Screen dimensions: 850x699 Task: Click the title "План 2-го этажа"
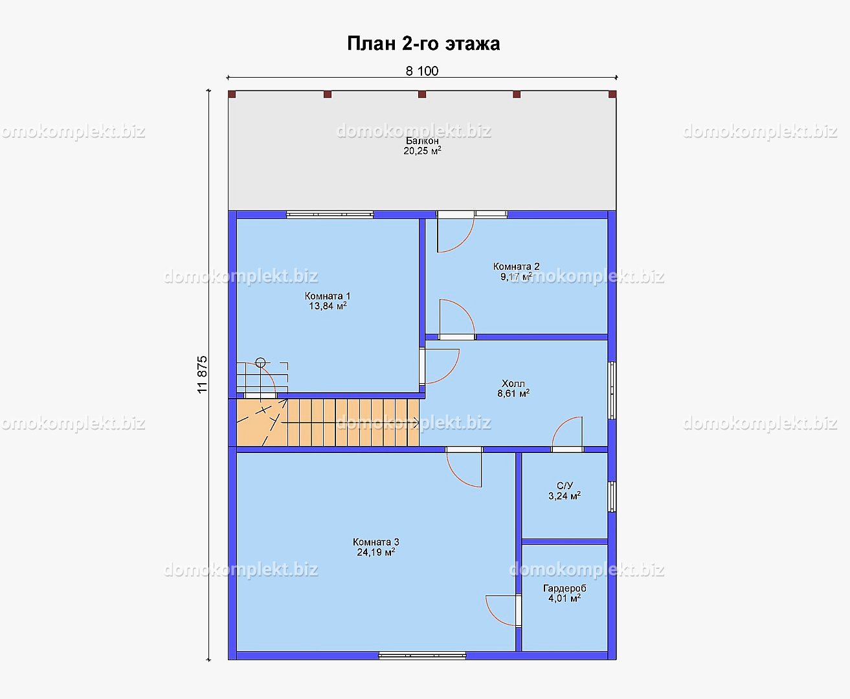point(423,43)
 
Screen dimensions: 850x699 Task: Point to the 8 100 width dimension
point(422,71)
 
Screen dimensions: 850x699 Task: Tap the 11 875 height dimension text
point(202,375)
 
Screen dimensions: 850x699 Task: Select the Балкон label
point(422,140)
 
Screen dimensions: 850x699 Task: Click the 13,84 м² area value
point(328,305)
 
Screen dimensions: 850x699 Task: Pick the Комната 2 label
point(517,266)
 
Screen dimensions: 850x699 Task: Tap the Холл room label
point(513,383)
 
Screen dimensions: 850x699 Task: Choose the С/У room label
point(565,486)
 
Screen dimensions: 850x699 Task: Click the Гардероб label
point(565,588)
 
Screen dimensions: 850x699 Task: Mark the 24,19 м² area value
point(375,552)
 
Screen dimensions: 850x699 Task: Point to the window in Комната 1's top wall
point(330,215)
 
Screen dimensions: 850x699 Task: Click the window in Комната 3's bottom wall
point(422,656)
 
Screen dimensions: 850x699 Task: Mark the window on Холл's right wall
point(612,390)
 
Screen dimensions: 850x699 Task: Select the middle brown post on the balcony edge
point(422,94)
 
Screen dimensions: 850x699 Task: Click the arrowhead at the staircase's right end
point(416,423)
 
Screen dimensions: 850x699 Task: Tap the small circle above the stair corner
point(260,362)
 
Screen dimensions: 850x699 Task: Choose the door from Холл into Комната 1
point(440,366)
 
